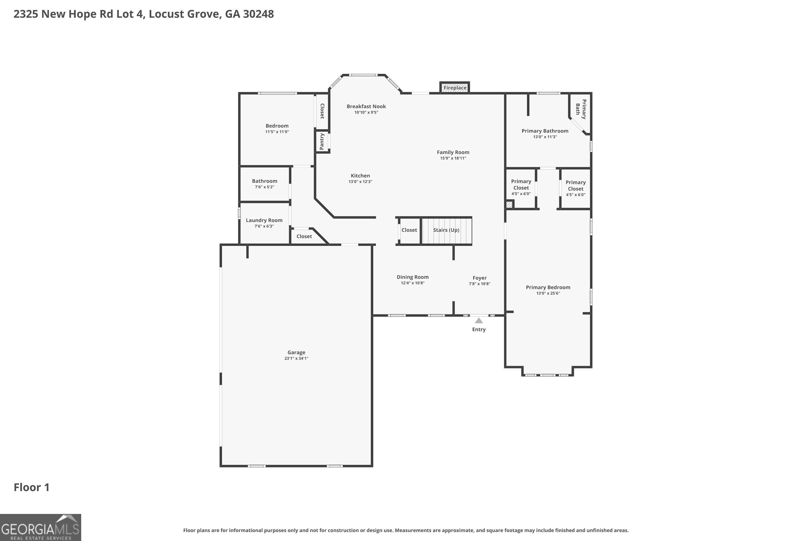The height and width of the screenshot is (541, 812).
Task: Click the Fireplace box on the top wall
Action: pyautogui.click(x=454, y=88)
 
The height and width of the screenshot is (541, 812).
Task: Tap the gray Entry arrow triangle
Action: pyautogui.click(x=479, y=321)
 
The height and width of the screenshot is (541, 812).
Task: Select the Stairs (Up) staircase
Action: pyautogui.click(x=446, y=230)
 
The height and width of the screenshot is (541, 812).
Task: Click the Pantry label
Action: pyautogui.click(x=322, y=141)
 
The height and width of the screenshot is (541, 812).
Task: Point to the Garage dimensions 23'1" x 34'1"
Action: pyautogui.click(x=296, y=358)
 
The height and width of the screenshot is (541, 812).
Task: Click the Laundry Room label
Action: pyautogui.click(x=264, y=220)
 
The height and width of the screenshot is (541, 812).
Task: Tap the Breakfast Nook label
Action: pyautogui.click(x=366, y=106)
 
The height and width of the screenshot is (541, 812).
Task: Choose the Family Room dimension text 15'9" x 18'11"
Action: pyautogui.click(x=453, y=158)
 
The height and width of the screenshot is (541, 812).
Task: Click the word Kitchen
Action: pyautogui.click(x=361, y=176)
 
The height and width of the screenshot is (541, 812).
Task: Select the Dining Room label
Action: pyautogui.click(x=412, y=277)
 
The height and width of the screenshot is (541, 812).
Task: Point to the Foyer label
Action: pyautogui.click(x=480, y=278)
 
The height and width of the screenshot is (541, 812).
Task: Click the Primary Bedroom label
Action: pyautogui.click(x=548, y=287)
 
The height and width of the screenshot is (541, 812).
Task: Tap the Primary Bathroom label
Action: pyautogui.click(x=545, y=131)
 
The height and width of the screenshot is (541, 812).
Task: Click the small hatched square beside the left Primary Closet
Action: pyautogui.click(x=509, y=204)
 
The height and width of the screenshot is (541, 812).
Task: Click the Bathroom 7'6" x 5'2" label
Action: pyautogui.click(x=264, y=184)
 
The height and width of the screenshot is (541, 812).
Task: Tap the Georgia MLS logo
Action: pyautogui.click(x=40, y=527)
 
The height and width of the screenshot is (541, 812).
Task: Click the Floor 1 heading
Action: pyautogui.click(x=32, y=487)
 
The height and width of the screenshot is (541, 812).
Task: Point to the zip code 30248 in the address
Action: pyautogui.click(x=258, y=14)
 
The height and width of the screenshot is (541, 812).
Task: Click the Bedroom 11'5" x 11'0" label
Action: pyautogui.click(x=277, y=128)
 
